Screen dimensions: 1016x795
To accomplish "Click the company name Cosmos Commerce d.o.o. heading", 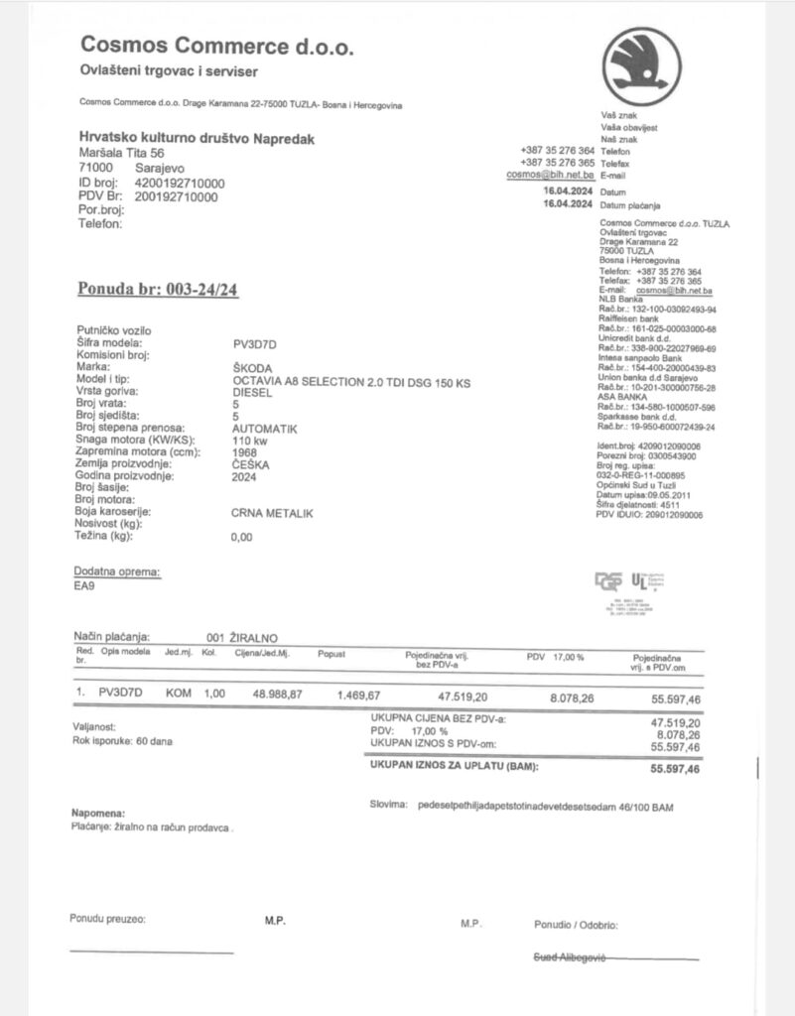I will coord(216,46).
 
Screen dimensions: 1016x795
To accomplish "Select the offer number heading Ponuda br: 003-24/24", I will coord(158,289).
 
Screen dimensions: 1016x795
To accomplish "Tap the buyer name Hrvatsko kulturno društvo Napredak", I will coord(197,140).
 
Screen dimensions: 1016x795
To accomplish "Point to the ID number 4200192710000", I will coord(180,184).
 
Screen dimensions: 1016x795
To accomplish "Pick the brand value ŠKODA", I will coord(253,367).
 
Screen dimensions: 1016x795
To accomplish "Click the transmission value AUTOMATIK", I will coord(264,428).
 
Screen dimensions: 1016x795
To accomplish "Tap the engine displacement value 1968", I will coord(244,452).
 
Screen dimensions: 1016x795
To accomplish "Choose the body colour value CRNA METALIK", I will coord(272,513).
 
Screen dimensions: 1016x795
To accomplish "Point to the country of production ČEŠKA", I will coord(252,464).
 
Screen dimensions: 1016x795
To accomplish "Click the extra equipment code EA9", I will coord(85,586).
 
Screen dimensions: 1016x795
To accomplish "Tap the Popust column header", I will coord(331,654).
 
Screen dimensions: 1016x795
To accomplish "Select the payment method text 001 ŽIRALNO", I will coord(242,637).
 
